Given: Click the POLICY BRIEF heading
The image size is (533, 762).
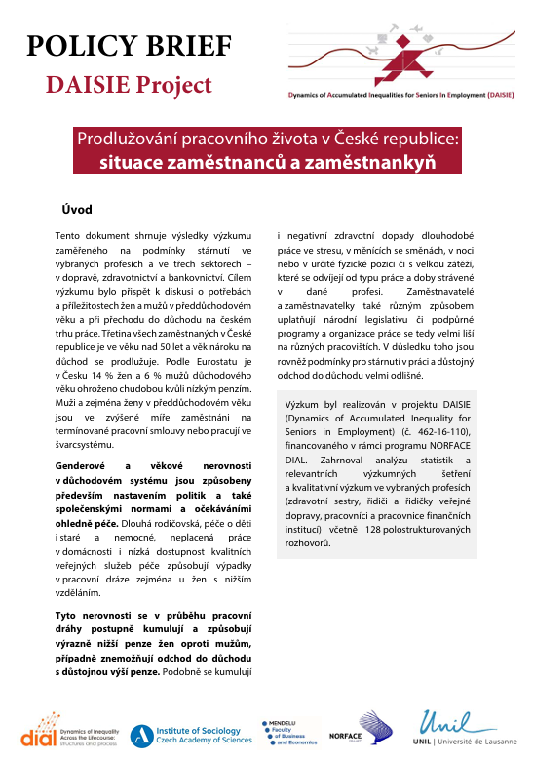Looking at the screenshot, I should (129, 46).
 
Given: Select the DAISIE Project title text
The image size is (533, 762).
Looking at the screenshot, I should (129, 85).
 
